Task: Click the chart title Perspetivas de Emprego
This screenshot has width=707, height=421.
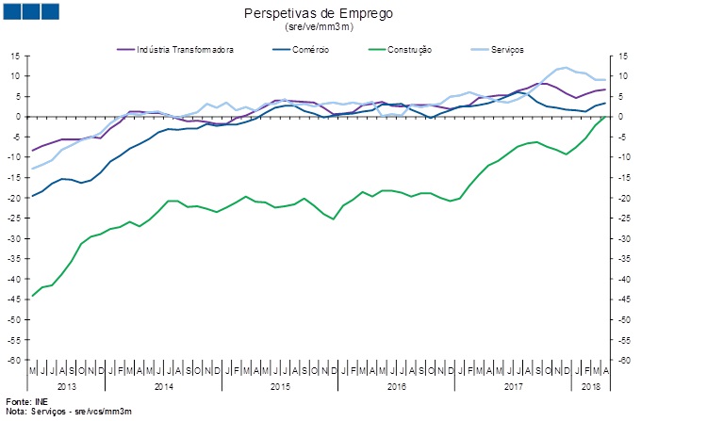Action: point(318,13)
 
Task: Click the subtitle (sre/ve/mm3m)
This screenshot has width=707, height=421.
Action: point(318,27)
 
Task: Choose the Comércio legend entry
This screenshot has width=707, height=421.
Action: point(310,49)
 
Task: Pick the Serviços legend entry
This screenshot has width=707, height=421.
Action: point(504,49)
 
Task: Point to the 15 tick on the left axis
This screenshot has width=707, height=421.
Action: point(16,57)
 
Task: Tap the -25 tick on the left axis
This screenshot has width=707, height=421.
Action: point(14,219)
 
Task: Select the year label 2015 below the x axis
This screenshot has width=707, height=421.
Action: point(280,386)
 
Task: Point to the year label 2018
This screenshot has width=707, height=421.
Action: point(590,386)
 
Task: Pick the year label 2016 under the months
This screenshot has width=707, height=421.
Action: point(397,386)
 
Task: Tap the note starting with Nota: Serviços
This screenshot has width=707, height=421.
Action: point(68,412)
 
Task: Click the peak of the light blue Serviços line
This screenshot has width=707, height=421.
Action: point(564,67)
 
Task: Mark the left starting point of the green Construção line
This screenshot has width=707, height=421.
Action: point(33,296)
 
